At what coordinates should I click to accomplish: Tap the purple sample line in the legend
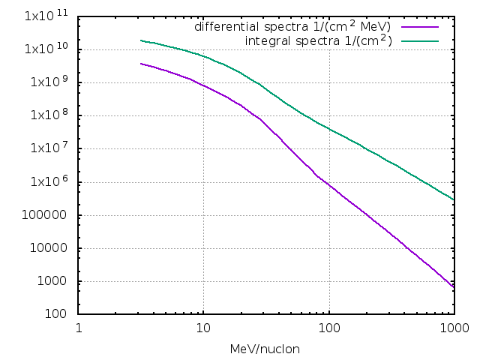pyautogui.click(x=424, y=27)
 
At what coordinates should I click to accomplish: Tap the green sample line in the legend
pyautogui.click(x=424, y=40)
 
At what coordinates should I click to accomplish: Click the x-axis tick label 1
pyautogui.click(x=79, y=328)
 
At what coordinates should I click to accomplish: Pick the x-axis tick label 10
pyautogui.click(x=203, y=328)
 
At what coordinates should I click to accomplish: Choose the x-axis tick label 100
pyautogui.click(x=328, y=328)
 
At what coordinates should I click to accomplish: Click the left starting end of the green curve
pyautogui.click(x=141, y=40)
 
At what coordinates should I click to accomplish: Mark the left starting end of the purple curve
pyautogui.click(x=141, y=64)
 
